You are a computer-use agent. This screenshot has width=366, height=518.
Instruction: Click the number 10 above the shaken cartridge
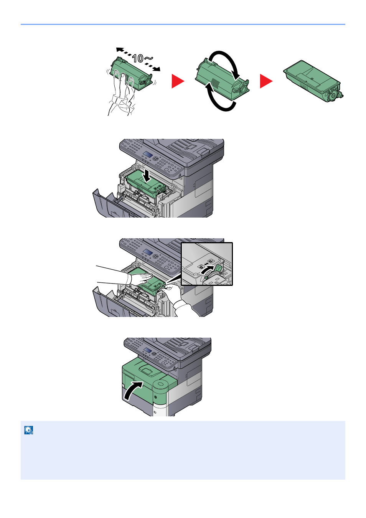pyautogui.click(x=138, y=58)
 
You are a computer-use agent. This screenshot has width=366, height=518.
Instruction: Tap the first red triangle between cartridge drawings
pyautogui.click(x=178, y=81)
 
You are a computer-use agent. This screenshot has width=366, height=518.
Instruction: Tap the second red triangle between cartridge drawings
pyautogui.click(x=266, y=81)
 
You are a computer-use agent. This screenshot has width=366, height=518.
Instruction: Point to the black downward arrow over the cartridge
pyautogui.click(x=146, y=177)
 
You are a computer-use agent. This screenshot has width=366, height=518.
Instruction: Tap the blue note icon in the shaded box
pyautogui.click(x=29, y=430)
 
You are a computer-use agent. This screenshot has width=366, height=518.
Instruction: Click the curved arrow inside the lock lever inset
pyautogui.click(x=207, y=270)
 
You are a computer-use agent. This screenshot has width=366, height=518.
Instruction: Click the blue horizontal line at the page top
pyautogui.click(x=183, y=24)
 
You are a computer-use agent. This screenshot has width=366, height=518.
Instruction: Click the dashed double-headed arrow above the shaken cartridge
pyautogui.click(x=138, y=59)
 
